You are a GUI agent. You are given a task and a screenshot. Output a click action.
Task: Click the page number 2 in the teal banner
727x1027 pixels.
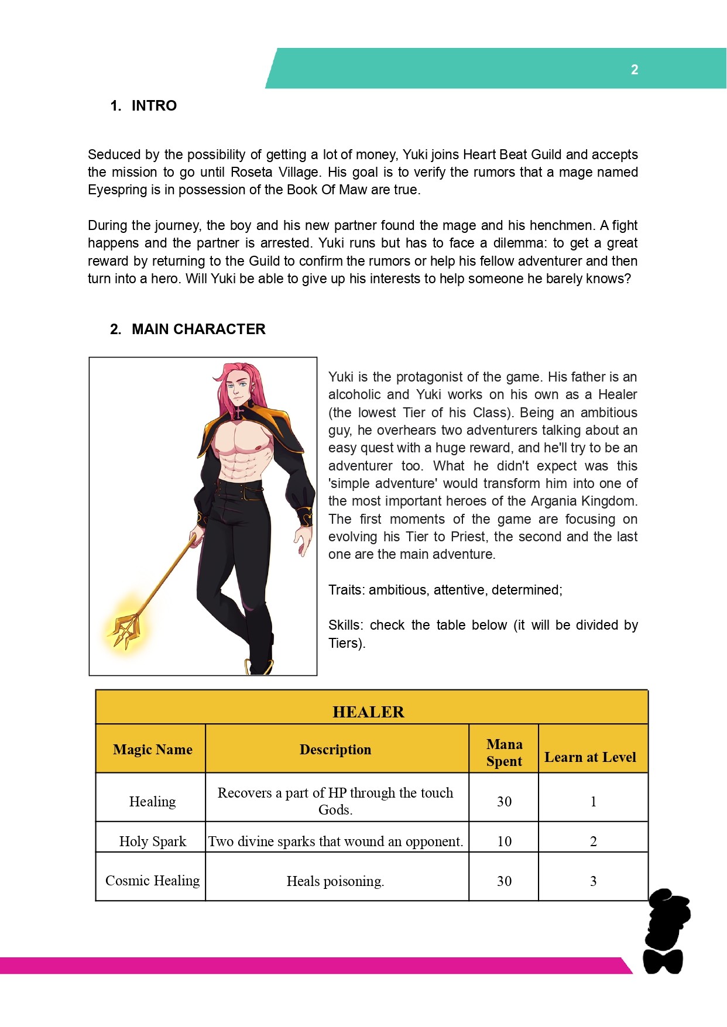click(x=634, y=70)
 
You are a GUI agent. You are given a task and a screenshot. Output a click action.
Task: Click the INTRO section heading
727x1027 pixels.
click(x=153, y=106)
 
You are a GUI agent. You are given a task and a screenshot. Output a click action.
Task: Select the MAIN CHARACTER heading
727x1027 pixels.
click(x=198, y=329)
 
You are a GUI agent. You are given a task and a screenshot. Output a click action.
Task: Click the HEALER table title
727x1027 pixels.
click(x=368, y=712)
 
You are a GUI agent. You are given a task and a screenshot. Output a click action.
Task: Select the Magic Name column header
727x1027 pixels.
click(x=152, y=750)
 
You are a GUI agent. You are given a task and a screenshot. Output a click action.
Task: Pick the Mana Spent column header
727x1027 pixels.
click(x=504, y=753)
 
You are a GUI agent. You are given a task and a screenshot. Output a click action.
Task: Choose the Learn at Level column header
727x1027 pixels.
click(x=590, y=757)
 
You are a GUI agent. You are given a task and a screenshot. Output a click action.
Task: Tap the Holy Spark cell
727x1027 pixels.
click(x=152, y=841)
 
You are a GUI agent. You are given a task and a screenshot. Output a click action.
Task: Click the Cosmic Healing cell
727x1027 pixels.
click(x=152, y=881)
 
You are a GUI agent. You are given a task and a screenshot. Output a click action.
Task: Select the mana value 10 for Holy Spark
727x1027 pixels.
click(x=504, y=841)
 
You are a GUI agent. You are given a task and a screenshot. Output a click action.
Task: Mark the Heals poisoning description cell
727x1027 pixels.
click(x=335, y=881)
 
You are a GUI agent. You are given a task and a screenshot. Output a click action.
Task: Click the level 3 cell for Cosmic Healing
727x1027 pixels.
click(x=593, y=881)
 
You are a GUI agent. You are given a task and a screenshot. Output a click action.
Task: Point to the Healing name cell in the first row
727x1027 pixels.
click(x=152, y=802)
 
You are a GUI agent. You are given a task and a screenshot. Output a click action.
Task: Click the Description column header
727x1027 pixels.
click(x=335, y=750)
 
